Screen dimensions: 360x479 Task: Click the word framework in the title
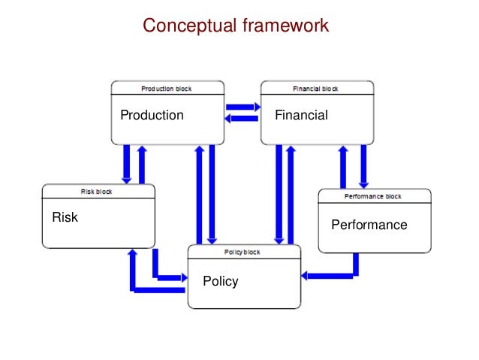tap(285, 26)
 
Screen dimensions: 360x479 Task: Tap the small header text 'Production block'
tap(167, 89)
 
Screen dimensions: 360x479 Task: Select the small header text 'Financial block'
tap(315, 89)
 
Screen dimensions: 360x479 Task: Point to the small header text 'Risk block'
tap(97, 192)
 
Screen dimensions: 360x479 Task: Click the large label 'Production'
tap(152, 115)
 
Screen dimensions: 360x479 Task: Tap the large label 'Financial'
tap(301, 115)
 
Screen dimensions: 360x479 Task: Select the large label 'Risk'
tap(65, 218)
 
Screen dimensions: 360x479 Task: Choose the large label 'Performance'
tap(369, 225)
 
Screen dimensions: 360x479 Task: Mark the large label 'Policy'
tap(220, 281)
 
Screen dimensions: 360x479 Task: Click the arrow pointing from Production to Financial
tap(242, 107)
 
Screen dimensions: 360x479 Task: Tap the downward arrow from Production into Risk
tap(126, 164)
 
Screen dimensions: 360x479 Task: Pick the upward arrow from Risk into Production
tap(141, 164)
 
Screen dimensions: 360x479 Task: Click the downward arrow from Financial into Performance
tap(364, 165)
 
